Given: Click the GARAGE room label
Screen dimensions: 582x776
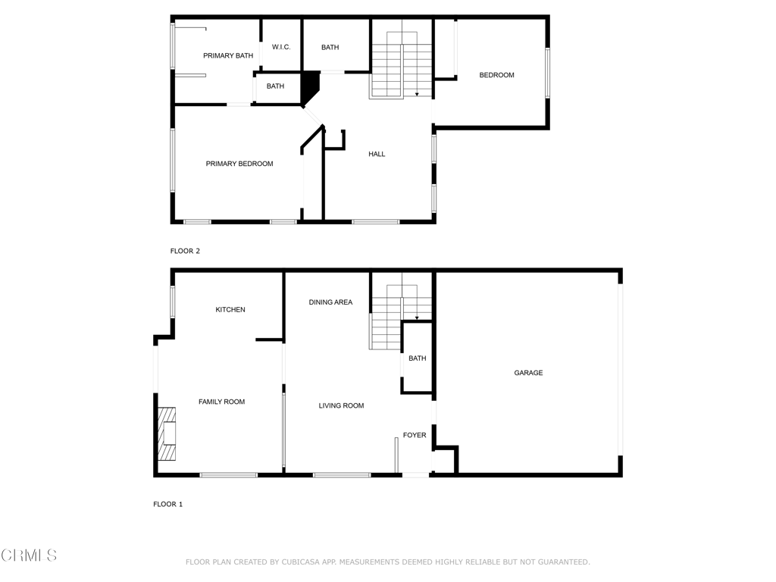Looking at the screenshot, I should (528, 373).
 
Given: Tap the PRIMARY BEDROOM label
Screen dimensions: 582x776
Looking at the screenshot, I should (239, 164).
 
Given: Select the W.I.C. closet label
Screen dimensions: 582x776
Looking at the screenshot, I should (281, 47).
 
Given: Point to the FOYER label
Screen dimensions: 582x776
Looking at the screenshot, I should (415, 435).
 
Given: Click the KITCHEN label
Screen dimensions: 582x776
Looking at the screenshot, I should (230, 309).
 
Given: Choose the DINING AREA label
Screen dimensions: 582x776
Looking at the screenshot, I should (330, 302).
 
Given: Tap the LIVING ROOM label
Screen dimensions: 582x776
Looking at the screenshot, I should (341, 405).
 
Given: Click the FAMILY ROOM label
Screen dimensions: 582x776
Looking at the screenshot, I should (221, 402).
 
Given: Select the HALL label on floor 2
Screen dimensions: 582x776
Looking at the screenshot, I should (377, 154).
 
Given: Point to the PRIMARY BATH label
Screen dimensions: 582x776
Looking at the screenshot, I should (228, 55).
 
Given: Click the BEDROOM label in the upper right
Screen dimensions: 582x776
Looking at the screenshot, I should (496, 75).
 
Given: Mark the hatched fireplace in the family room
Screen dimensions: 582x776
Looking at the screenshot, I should (167, 433).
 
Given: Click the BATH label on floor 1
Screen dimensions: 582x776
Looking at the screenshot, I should (417, 358).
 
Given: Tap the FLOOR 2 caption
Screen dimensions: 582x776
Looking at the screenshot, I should (185, 251).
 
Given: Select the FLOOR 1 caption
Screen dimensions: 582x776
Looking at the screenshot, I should (167, 504).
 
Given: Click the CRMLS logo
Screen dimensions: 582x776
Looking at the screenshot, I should (29, 555).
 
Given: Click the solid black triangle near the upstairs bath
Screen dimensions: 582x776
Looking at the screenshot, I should (310, 86).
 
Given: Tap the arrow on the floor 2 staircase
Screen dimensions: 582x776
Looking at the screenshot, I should (417, 94).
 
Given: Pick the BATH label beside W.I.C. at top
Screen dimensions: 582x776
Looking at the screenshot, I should (330, 47).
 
